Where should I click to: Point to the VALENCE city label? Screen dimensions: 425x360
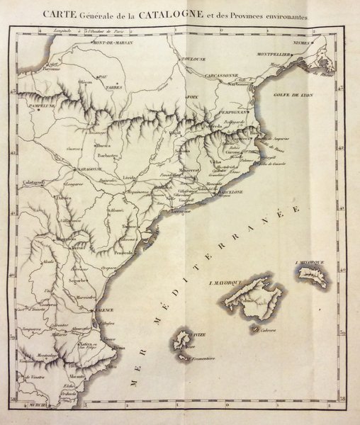(x=104, y=310)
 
